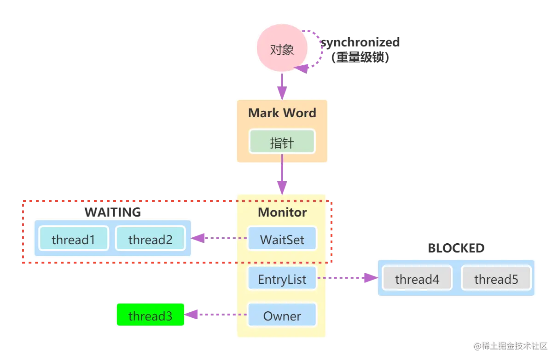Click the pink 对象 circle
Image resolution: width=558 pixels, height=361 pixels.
[x=282, y=48]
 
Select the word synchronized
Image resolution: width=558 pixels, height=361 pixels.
[x=360, y=42]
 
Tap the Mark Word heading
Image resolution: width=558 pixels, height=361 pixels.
[x=282, y=113]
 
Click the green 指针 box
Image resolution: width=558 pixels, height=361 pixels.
[x=282, y=141]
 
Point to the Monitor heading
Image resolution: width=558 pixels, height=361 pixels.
[x=282, y=212]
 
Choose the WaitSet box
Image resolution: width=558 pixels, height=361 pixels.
[x=282, y=238]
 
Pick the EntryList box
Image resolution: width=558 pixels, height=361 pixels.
[x=282, y=278]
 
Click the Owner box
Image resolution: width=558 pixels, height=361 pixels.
[x=282, y=315]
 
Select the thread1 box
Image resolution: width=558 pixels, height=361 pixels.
[x=74, y=238]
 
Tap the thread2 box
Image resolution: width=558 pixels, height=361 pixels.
[x=151, y=238]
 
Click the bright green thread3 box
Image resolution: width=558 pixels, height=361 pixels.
[x=151, y=315]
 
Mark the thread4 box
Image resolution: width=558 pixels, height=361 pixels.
[x=417, y=278]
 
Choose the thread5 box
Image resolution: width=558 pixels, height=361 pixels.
[x=496, y=278]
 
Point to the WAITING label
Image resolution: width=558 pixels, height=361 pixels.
[x=113, y=212]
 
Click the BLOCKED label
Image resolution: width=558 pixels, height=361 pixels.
[x=456, y=248]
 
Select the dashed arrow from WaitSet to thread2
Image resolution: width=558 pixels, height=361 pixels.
[x=219, y=238]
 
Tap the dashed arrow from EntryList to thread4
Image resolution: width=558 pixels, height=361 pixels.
[x=347, y=278]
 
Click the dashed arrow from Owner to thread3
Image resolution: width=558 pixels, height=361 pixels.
[x=216, y=315]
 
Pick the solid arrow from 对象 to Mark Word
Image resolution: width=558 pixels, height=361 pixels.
[x=282, y=87]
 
